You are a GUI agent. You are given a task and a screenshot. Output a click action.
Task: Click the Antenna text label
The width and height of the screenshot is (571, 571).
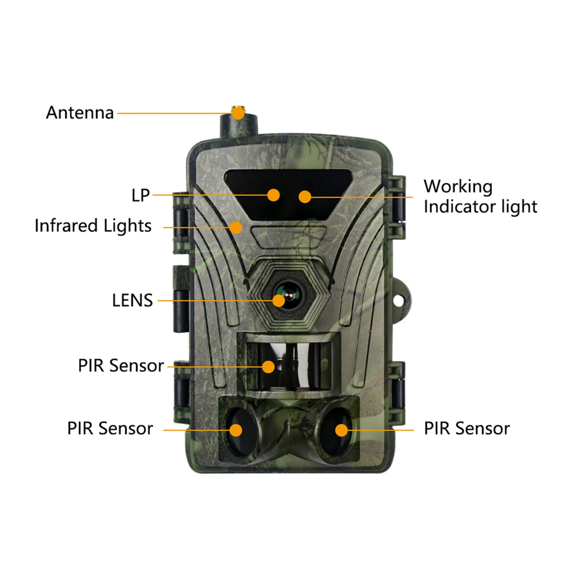[80, 113]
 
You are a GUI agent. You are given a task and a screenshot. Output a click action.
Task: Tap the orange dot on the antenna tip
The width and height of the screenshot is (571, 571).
[237, 113]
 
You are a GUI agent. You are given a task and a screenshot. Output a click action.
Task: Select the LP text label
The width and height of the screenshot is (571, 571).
[140, 195]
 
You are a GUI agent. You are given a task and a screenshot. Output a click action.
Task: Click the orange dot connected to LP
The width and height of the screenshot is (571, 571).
[273, 195]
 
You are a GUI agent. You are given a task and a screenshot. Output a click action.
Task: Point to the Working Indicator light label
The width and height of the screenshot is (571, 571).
[480, 197]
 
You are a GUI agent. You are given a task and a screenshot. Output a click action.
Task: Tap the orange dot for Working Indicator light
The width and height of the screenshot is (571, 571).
[305, 197]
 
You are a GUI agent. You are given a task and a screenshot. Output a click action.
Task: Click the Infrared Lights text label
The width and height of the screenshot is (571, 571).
[93, 226]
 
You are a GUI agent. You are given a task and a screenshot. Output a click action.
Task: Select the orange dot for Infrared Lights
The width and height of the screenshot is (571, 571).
[236, 227]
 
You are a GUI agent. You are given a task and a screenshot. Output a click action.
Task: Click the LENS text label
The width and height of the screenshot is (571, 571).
[132, 301]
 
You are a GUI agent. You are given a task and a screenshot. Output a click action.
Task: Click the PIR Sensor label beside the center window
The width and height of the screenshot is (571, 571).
[121, 366]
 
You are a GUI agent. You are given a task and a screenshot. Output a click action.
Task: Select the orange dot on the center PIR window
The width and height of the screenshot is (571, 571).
[268, 367]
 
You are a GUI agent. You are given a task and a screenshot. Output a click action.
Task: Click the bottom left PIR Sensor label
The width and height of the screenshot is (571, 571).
[110, 429]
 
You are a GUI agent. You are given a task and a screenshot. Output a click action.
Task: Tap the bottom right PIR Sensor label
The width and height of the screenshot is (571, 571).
[467, 429]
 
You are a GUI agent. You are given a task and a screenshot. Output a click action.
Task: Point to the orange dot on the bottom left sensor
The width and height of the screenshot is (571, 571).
[236, 430]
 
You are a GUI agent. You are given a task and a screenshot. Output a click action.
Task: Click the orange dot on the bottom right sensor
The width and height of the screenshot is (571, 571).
[341, 430]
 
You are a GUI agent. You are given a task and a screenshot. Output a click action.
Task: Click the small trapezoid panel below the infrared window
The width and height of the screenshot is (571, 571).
[288, 236]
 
